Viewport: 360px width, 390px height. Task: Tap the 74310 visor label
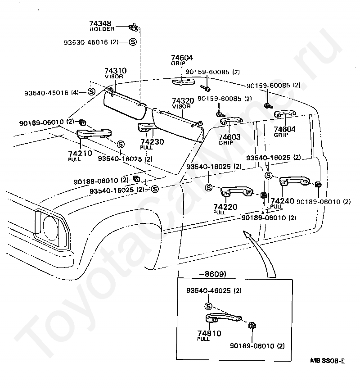(116, 71)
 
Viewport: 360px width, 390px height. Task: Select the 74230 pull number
(151, 141)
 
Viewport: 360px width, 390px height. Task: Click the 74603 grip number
(229, 137)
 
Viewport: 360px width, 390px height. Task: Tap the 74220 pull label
(225, 207)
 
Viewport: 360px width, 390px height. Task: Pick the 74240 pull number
(282, 201)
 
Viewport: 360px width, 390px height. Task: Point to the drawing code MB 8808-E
(327, 361)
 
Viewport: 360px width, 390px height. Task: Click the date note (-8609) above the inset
(202, 274)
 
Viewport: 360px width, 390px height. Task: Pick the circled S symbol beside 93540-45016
(91, 92)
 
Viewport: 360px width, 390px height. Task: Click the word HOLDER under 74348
(102, 29)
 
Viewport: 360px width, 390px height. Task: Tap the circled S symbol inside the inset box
(208, 306)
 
